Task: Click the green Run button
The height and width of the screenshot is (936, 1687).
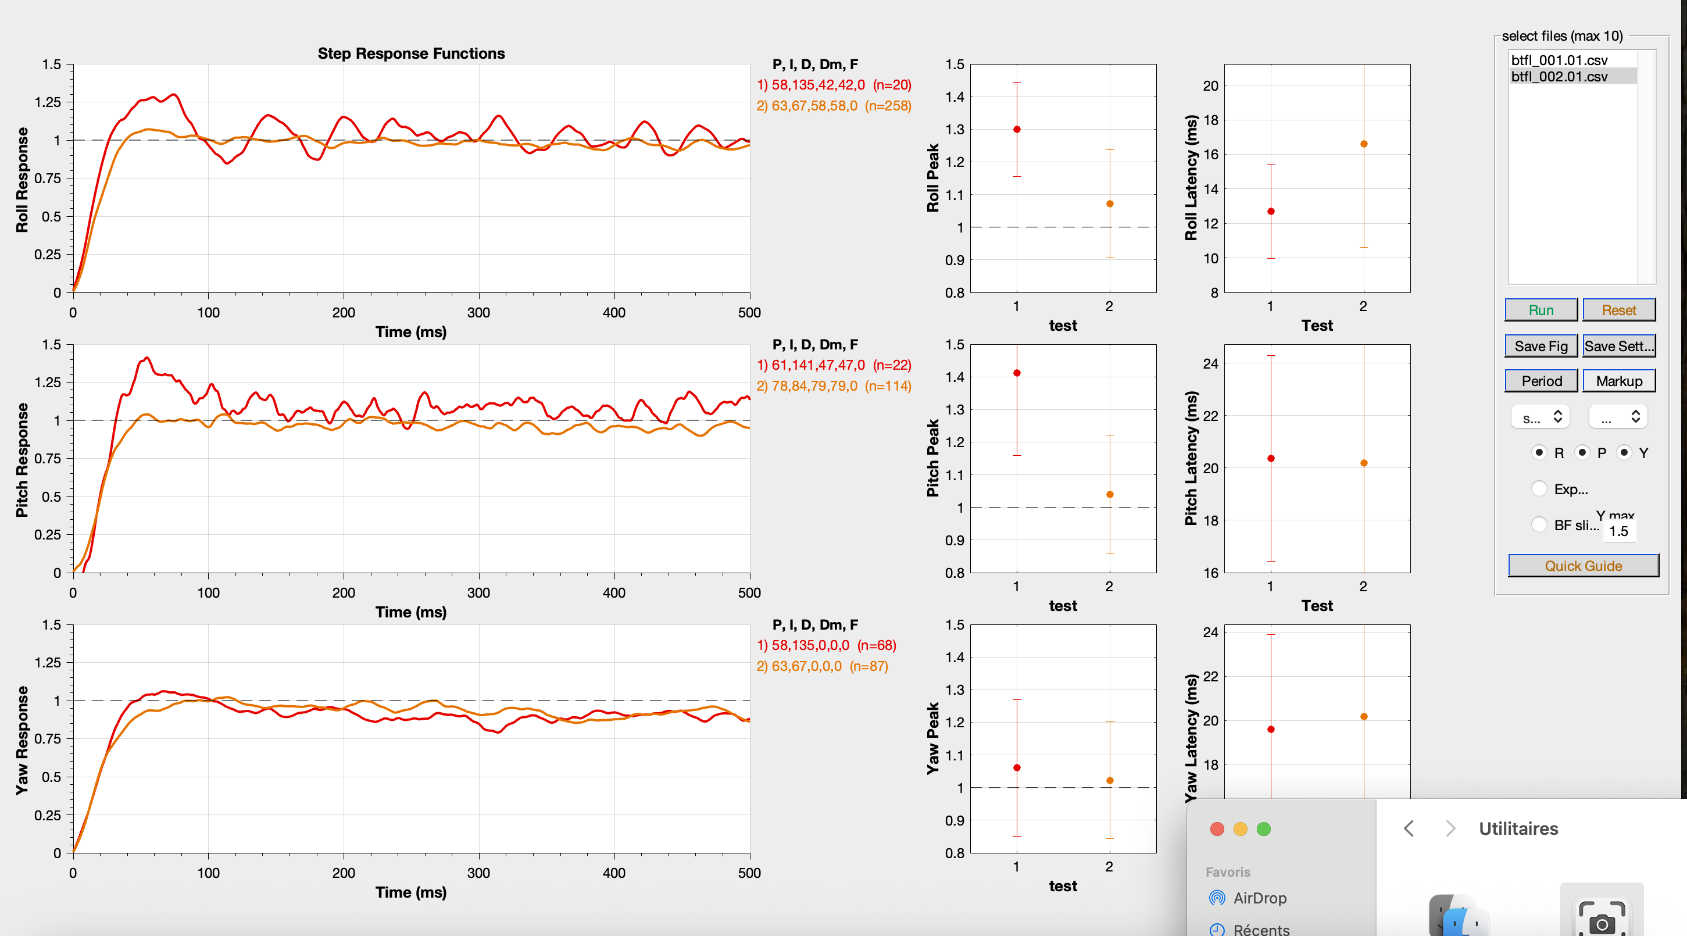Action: pyautogui.click(x=1541, y=310)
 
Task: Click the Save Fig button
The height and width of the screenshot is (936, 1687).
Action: pyautogui.click(x=1541, y=346)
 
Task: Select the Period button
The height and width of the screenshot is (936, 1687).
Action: pyautogui.click(x=1541, y=381)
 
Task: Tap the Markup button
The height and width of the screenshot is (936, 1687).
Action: pyautogui.click(x=1618, y=381)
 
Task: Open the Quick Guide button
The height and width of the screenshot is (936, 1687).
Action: pyautogui.click(x=1582, y=565)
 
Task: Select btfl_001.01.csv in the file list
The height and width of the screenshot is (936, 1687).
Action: pyautogui.click(x=1559, y=60)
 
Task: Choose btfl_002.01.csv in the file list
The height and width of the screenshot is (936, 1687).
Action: pyautogui.click(x=1559, y=77)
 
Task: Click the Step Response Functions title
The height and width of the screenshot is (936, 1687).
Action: pyautogui.click(x=411, y=53)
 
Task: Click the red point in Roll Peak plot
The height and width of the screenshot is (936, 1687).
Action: pyautogui.click(x=1016, y=130)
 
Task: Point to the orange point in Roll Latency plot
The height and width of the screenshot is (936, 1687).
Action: pyautogui.click(x=1363, y=144)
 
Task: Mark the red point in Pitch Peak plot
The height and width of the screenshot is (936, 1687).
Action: pyautogui.click(x=1016, y=373)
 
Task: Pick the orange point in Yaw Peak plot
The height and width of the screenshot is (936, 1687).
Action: pyautogui.click(x=1109, y=781)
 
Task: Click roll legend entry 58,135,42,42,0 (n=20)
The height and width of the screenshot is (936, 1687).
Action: pyautogui.click(x=834, y=85)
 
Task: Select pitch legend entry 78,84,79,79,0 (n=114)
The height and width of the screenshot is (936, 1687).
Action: pyautogui.click(x=834, y=386)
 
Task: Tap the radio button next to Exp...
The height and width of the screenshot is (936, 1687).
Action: pyautogui.click(x=1539, y=488)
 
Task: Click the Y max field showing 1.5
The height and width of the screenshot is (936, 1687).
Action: pyautogui.click(x=1618, y=531)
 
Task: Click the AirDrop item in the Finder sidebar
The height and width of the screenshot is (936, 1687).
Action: pyautogui.click(x=1259, y=898)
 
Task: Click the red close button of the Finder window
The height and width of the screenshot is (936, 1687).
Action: pyautogui.click(x=1217, y=829)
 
